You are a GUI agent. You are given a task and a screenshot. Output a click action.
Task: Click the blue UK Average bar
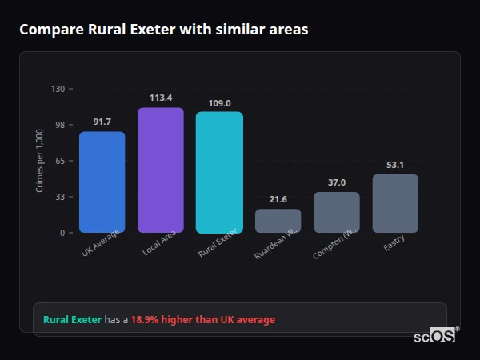click(102, 182)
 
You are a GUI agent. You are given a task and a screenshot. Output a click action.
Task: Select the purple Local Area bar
click(160, 170)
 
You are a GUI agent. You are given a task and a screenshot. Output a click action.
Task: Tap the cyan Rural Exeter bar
click(219, 172)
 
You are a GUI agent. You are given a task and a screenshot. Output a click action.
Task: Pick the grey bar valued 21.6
click(278, 221)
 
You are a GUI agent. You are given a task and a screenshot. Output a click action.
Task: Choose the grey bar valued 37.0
click(337, 213)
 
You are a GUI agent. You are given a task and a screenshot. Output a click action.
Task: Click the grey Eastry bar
click(395, 204)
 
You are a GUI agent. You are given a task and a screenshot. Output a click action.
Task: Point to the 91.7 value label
click(102, 122)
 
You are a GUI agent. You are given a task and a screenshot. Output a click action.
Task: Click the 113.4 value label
click(160, 98)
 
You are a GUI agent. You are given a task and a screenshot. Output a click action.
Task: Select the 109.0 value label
click(219, 103)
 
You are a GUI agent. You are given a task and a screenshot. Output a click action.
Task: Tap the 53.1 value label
click(395, 165)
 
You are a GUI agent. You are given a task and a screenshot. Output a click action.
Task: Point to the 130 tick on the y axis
click(58, 89)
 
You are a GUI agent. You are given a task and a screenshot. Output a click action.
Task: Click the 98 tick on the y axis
click(60, 125)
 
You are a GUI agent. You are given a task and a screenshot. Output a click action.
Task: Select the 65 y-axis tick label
click(60, 161)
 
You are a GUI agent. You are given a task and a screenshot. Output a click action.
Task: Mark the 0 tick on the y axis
click(62, 233)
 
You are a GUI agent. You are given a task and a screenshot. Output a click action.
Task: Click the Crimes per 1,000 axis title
click(40, 160)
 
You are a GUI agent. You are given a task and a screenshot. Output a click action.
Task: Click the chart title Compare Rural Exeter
click(163, 30)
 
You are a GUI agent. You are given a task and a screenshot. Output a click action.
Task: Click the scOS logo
click(434, 336)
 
